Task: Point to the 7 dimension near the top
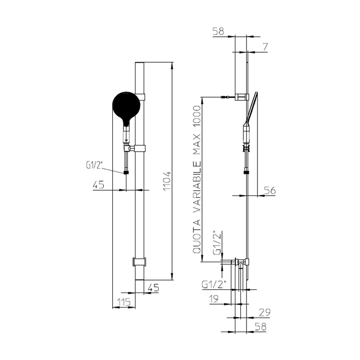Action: point(265,47)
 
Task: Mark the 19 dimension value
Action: point(214,299)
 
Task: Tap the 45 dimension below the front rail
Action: point(153,288)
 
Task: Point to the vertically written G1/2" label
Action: point(217,243)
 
